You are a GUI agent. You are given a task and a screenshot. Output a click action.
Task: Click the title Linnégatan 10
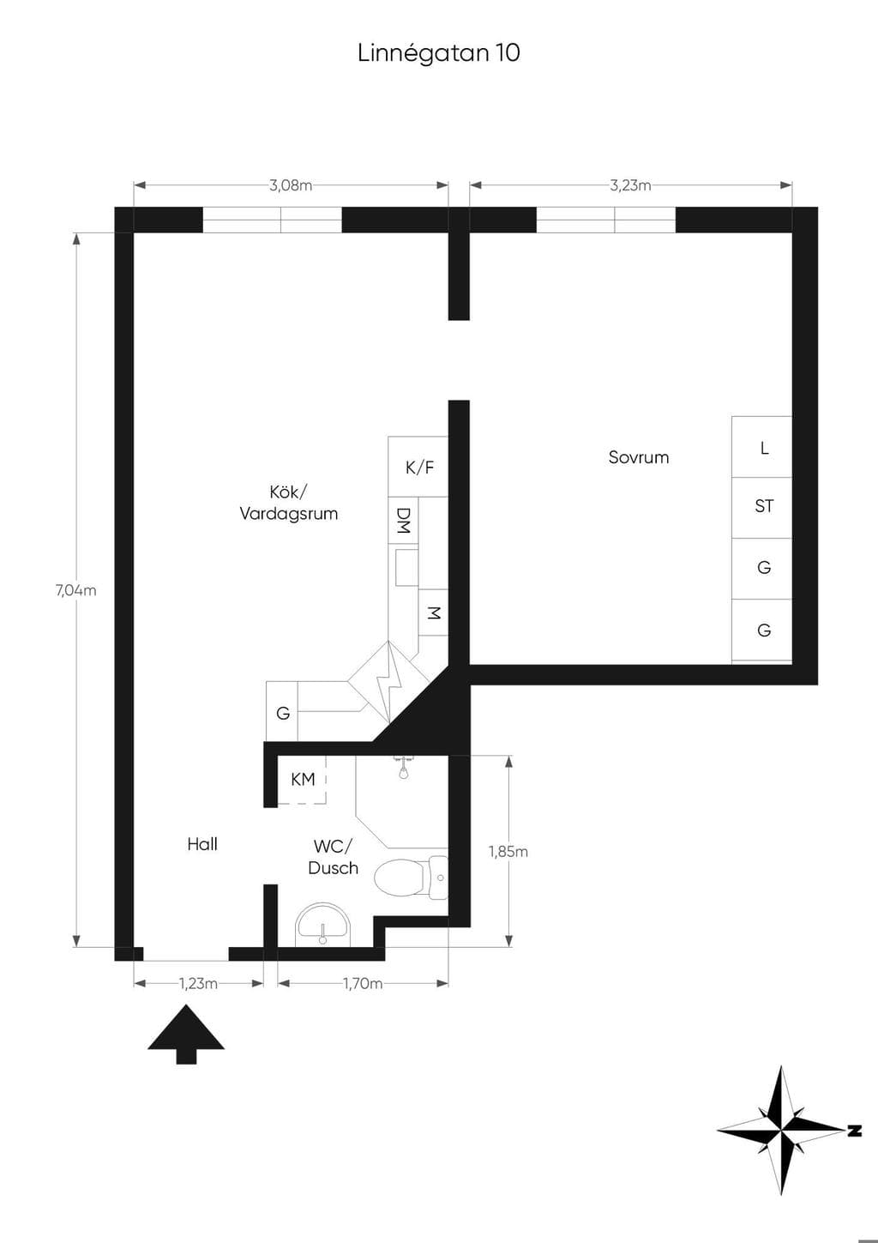tap(439, 53)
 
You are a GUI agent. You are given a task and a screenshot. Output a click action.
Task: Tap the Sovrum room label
tap(639, 457)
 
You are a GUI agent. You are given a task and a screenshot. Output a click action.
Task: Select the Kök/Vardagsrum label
tap(288, 503)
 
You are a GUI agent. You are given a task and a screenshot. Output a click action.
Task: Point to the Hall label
tap(201, 844)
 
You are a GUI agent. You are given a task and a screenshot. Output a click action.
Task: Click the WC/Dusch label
tap(333, 857)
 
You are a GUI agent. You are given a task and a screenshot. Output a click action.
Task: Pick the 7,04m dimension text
tap(76, 591)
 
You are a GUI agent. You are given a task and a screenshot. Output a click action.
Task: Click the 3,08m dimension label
tap(292, 185)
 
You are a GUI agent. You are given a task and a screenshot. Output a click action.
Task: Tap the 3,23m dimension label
tap(630, 185)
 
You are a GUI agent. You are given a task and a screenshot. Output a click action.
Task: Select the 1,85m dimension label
tap(508, 851)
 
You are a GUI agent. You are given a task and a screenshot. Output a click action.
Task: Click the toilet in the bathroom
tap(411, 878)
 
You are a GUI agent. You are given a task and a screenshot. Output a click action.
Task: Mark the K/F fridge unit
tap(418, 467)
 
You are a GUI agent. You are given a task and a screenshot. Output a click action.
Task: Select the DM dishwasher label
tap(403, 521)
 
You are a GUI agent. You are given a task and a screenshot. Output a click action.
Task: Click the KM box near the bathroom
tap(303, 780)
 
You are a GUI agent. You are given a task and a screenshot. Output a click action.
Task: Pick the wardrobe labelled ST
tap(762, 508)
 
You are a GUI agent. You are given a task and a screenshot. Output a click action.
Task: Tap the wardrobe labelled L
tap(762, 447)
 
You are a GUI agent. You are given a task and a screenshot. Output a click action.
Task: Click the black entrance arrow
tap(186, 1035)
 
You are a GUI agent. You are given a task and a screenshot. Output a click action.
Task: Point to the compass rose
tap(781, 1130)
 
